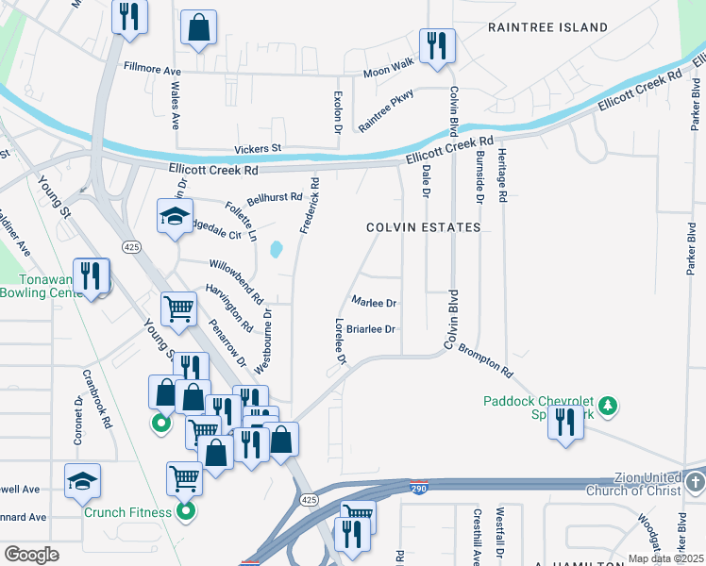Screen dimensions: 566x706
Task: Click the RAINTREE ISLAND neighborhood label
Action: click(x=547, y=27)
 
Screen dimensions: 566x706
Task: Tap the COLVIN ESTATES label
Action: click(x=424, y=227)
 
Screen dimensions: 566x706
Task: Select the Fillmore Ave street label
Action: click(x=152, y=69)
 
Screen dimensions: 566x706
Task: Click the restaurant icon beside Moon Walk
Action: click(x=437, y=46)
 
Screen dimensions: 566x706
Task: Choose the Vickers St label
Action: click(x=258, y=149)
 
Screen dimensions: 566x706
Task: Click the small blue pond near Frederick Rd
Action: click(x=276, y=250)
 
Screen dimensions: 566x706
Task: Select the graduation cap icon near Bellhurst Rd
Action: click(x=175, y=216)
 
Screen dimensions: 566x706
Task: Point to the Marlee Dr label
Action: click(x=373, y=303)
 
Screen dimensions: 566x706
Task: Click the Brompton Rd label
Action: click(x=486, y=358)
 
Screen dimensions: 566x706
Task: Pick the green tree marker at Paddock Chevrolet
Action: click(x=610, y=405)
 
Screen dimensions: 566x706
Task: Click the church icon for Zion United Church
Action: click(x=695, y=483)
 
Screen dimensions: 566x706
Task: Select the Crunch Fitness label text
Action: click(x=127, y=512)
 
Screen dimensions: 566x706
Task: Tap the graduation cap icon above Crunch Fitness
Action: click(x=82, y=480)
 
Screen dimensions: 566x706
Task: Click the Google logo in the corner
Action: click(x=31, y=555)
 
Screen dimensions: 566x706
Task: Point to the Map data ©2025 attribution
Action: click(x=666, y=558)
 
